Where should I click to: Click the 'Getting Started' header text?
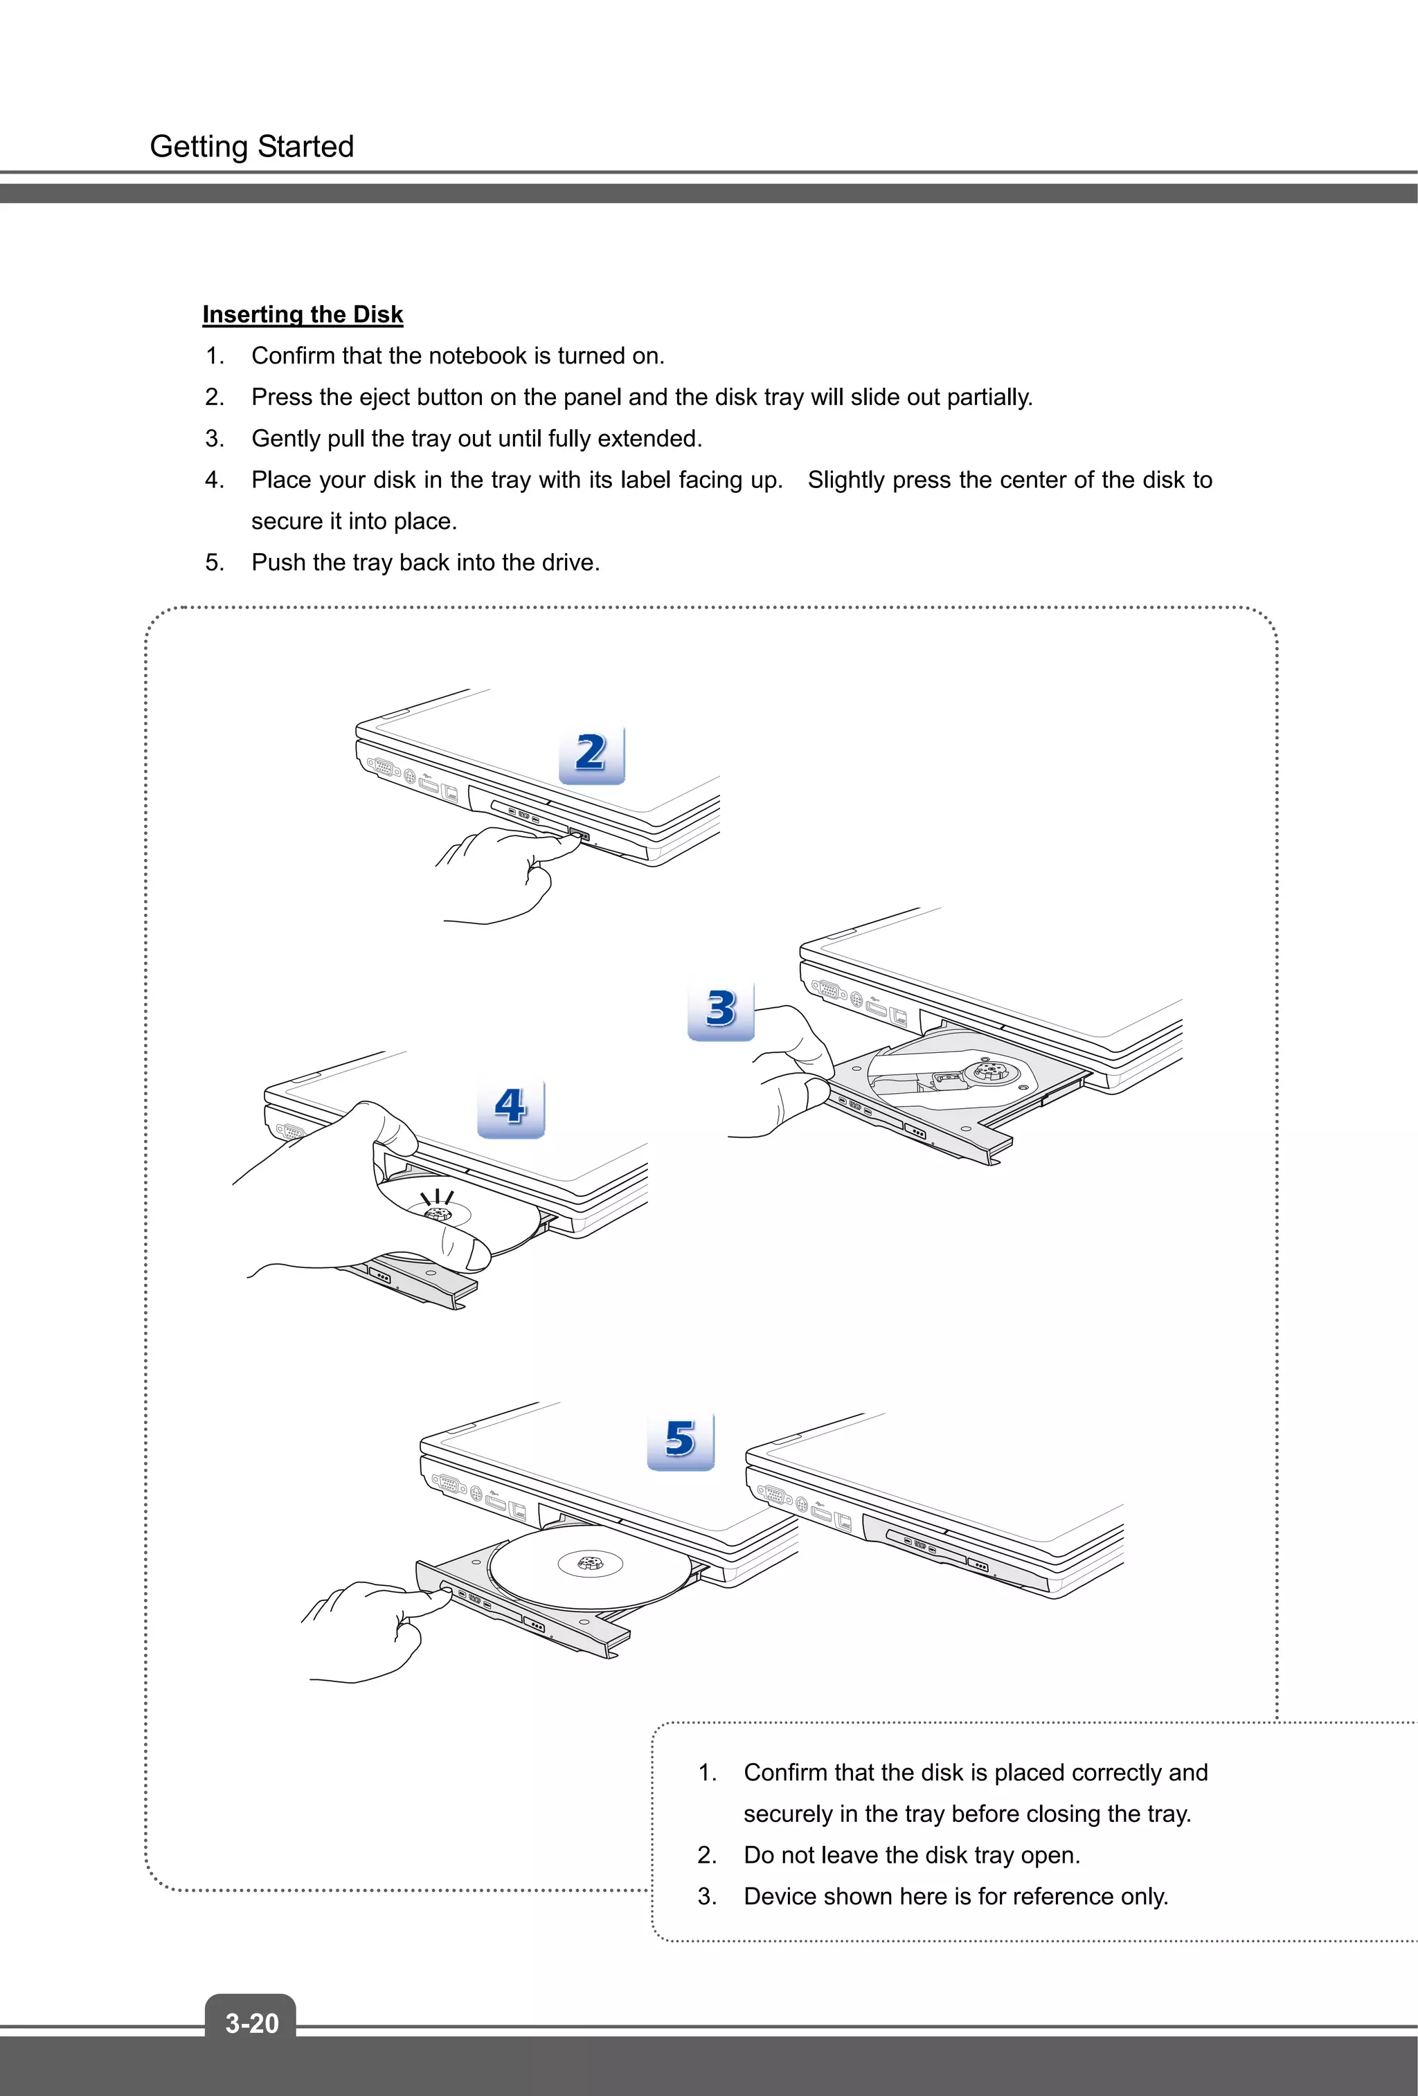point(251,146)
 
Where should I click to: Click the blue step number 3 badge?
point(721,1010)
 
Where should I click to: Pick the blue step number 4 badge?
point(510,1108)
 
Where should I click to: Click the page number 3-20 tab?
point(251,2022)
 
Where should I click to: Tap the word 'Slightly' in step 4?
point(846,480)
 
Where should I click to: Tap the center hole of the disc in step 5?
point(590,1563)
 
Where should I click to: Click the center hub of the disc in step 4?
point(438,1215)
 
